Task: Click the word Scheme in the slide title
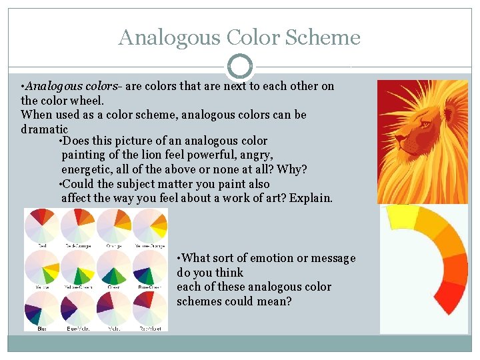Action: point(323,37)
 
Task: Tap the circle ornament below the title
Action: point(239,67)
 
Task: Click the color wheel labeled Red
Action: point(42,225)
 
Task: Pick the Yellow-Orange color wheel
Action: point(149,225)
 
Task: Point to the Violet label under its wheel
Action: point(114,328)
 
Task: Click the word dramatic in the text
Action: point(45,129)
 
